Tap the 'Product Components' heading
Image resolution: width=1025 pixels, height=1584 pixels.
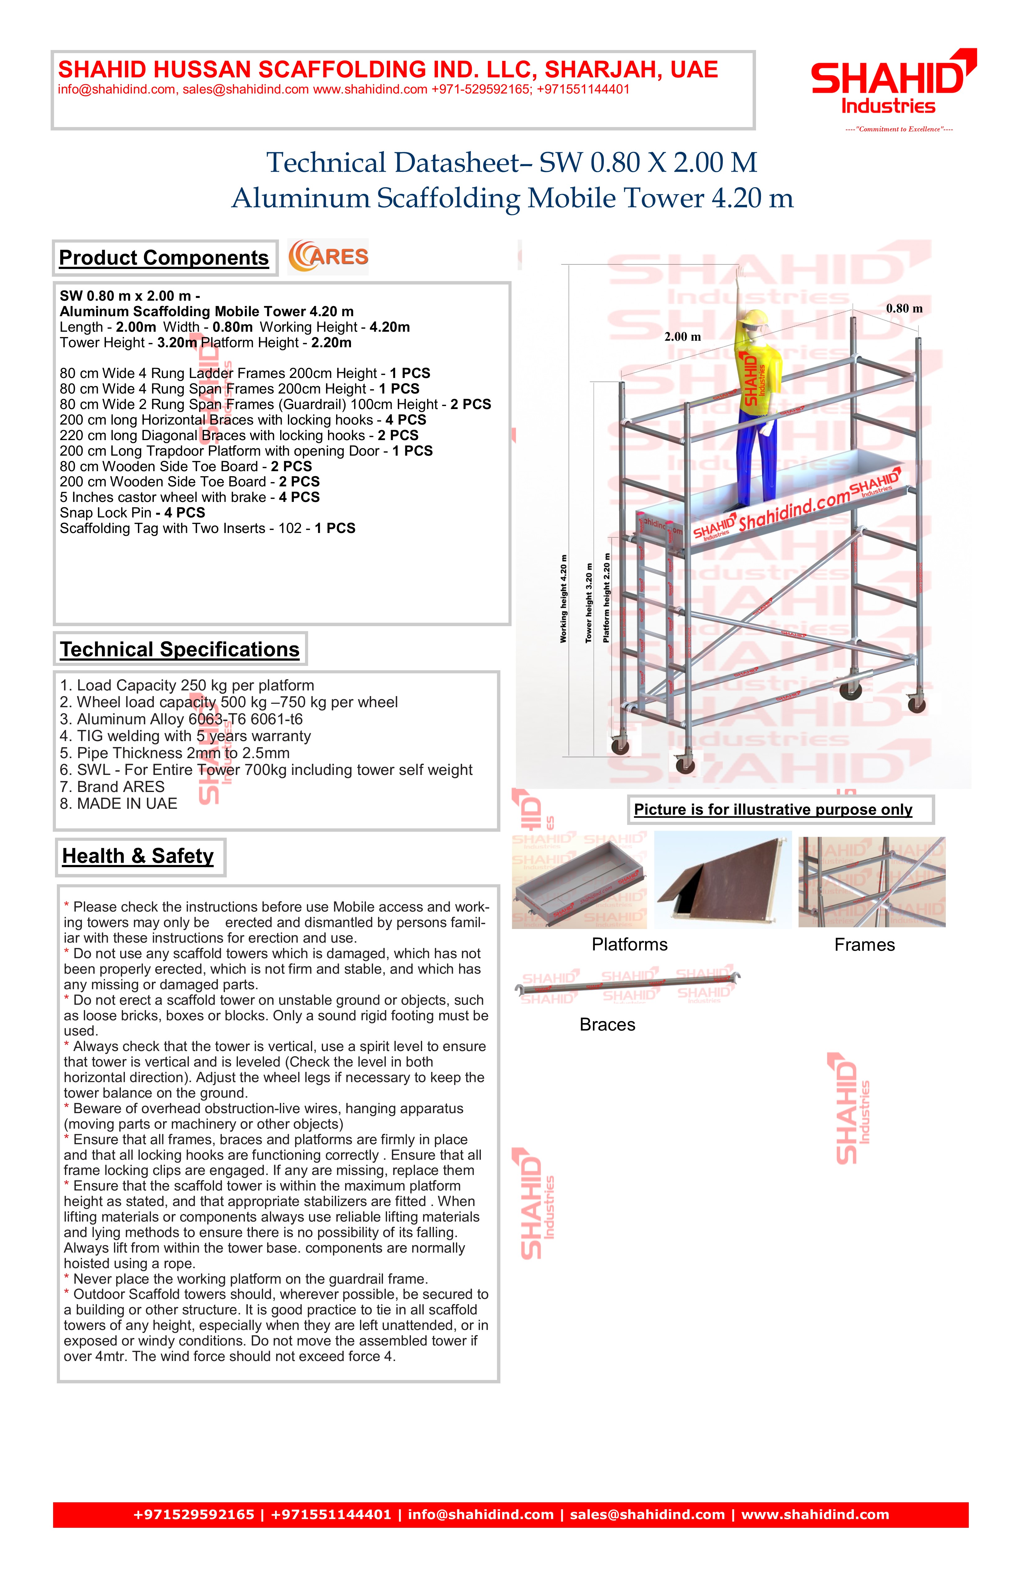[x=164, y=258]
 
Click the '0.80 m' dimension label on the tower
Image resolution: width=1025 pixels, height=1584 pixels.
[x=904, y=309]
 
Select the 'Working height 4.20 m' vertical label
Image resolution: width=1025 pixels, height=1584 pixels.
[x=564, y=598]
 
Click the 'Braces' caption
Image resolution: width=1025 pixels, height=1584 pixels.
[x=607, y=1025]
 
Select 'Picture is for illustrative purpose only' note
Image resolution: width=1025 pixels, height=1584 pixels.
[x=773, y=810]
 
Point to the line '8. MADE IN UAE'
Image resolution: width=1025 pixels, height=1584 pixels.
[x=118, y=804]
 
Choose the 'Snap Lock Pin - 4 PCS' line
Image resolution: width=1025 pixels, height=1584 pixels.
[x=132, y=513]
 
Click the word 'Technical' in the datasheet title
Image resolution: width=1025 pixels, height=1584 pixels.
[x=326, y=163]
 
